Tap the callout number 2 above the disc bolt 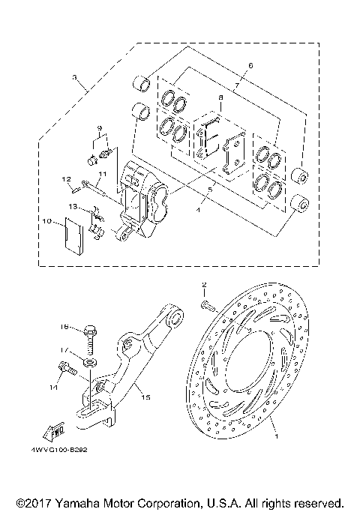click(203, 286)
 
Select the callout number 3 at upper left click(74, 77)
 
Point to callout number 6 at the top click(250, 67)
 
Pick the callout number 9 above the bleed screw click(97, 130)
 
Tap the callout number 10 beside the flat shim click(46, 222)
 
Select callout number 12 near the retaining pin click(66, 178)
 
